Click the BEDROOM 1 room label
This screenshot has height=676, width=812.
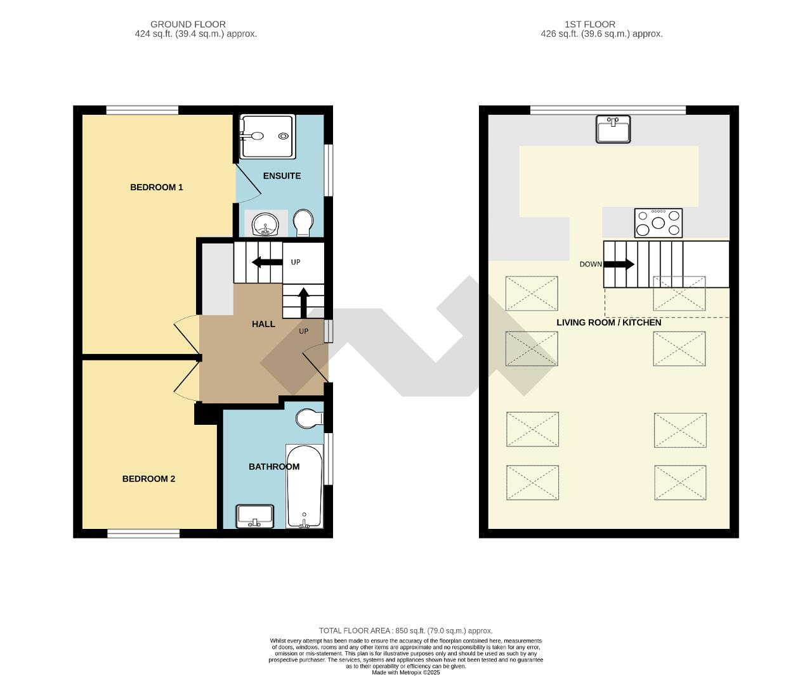156,187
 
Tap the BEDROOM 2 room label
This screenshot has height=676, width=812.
148,479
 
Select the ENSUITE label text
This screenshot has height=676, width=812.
282,176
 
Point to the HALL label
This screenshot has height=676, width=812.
263,324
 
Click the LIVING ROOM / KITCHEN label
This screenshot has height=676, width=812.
608,322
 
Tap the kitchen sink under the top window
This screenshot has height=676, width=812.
613,129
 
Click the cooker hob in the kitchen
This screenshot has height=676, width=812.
658,223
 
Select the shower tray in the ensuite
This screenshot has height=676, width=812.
267,136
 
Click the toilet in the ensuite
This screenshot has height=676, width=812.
303,223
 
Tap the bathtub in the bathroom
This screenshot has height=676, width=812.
304,486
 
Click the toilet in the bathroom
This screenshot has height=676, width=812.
310,419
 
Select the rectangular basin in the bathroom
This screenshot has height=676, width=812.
254,516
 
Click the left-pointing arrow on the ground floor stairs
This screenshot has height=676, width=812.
267,262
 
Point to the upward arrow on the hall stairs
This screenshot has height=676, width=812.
303,302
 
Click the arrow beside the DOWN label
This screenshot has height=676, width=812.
619,264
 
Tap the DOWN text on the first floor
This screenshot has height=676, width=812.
590,264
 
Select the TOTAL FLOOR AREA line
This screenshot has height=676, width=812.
405,630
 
